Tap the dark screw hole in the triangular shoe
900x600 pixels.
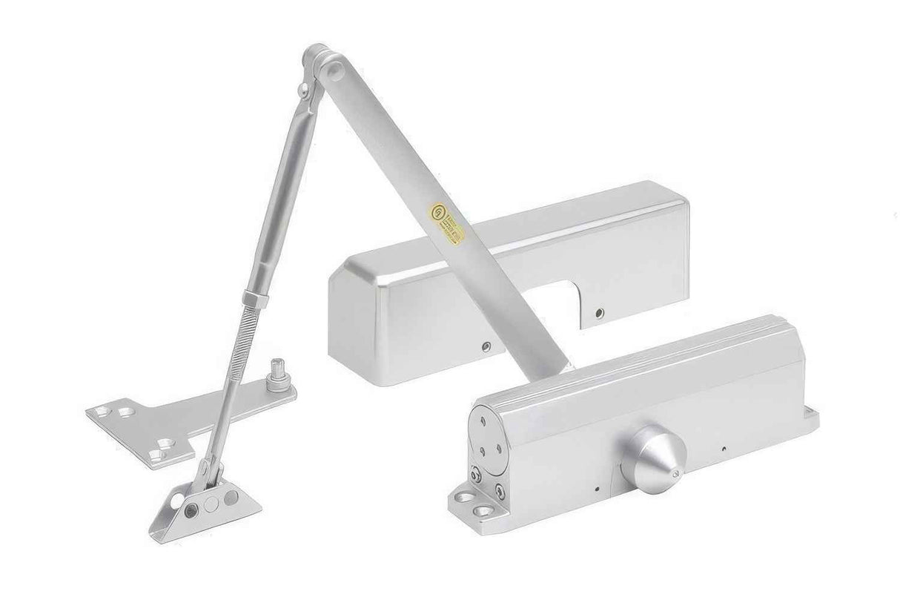pyautogui.click(x=191, y=510)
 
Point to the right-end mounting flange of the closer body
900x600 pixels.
pyautogui.click(x=810, y=418)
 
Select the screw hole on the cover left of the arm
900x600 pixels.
pyautogui.click(x=486, y=345)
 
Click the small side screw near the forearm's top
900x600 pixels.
pyautogui.click(x=302, y=91)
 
